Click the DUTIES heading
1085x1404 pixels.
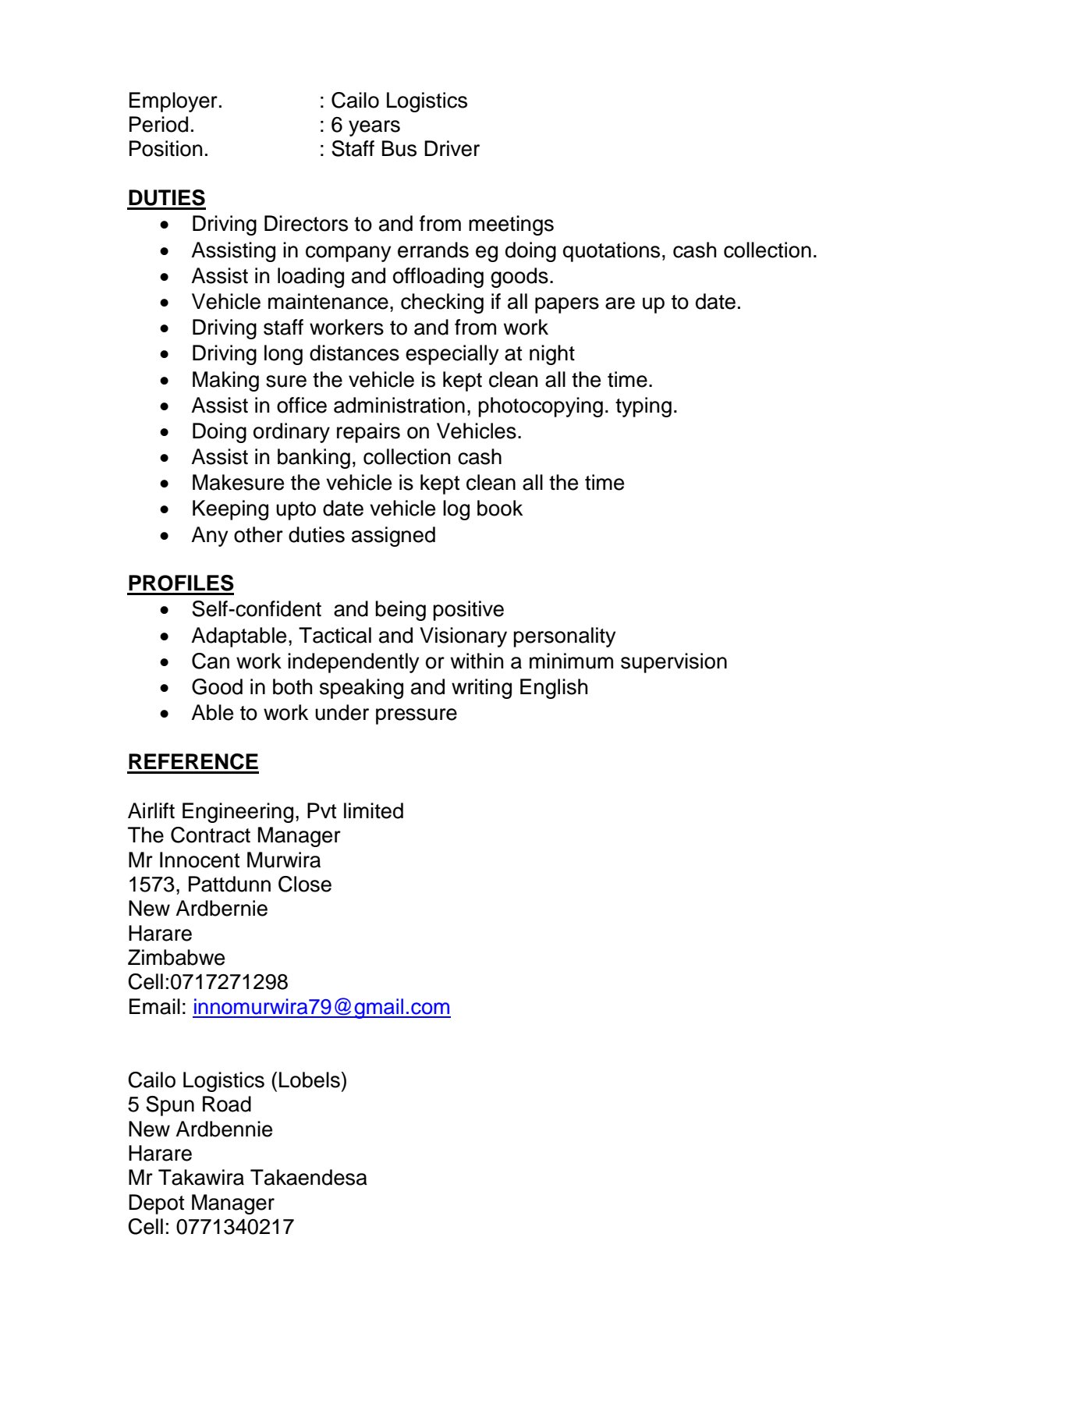[166, 198]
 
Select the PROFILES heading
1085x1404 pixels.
[180, 583]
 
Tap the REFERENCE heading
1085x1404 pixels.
[193, 762]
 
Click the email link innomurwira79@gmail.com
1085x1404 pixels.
[321, 1007]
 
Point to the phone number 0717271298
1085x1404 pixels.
[229, 982]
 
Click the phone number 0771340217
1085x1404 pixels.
[235, 1227]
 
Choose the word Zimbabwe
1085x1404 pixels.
[176, 958]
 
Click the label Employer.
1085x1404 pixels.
[175, 101]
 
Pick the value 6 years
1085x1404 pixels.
[365, 125]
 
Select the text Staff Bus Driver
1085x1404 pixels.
[405, 149]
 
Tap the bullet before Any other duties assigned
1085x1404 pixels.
[165, 536]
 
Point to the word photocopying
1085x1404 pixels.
[543, 406]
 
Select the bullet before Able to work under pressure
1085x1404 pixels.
[165, 714]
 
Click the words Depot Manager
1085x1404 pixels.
[200, 1203]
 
